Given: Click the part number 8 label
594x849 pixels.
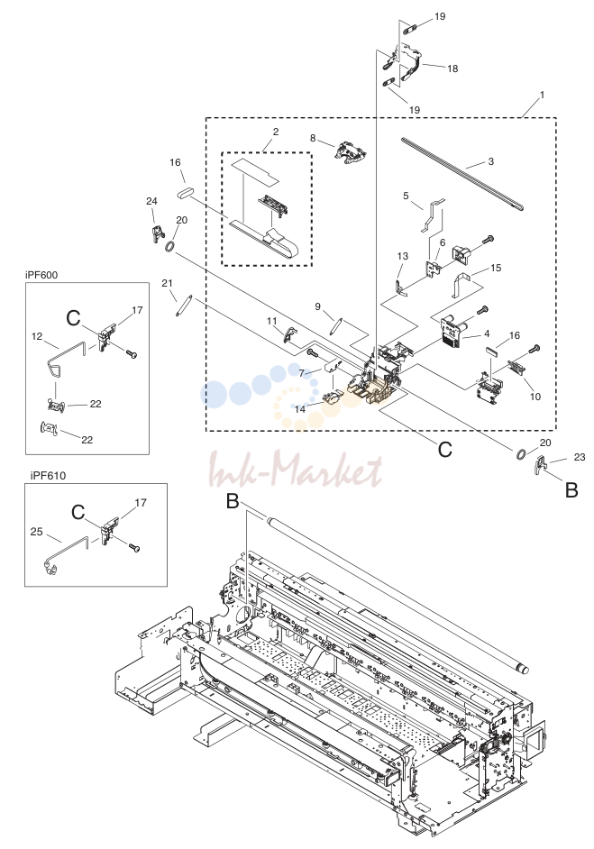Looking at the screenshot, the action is click(313, 138).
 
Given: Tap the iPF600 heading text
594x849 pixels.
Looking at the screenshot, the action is click(41, 275).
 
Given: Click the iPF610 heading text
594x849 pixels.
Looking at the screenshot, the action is click(48, 476).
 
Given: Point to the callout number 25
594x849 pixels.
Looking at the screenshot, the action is click(36, 532).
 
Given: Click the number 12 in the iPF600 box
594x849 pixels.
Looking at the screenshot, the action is click(37, 336).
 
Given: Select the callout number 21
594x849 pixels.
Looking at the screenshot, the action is click(168, 283).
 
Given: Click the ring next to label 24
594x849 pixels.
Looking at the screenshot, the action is click(169, 247).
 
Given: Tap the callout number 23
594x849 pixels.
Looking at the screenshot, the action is click(580, 457).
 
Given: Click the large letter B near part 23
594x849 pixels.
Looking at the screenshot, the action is click(571, 490).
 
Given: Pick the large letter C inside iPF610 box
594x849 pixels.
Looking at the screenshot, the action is click(78, 512).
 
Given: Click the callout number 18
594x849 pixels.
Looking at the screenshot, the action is click(452, 68).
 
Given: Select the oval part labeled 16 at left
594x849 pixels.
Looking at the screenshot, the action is click(185, 192).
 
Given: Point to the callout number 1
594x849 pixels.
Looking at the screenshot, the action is click(542, 95).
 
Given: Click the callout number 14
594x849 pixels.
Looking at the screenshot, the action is click(300, 409).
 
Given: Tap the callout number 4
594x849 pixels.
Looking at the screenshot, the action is click(488, 333).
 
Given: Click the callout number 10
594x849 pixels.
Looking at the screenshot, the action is click(535, 397).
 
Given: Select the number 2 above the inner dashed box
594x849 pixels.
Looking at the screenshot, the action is click(276, 132).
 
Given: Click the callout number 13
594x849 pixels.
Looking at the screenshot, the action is click(402, 256).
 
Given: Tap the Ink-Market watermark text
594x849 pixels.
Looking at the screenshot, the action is click(296, 469).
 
